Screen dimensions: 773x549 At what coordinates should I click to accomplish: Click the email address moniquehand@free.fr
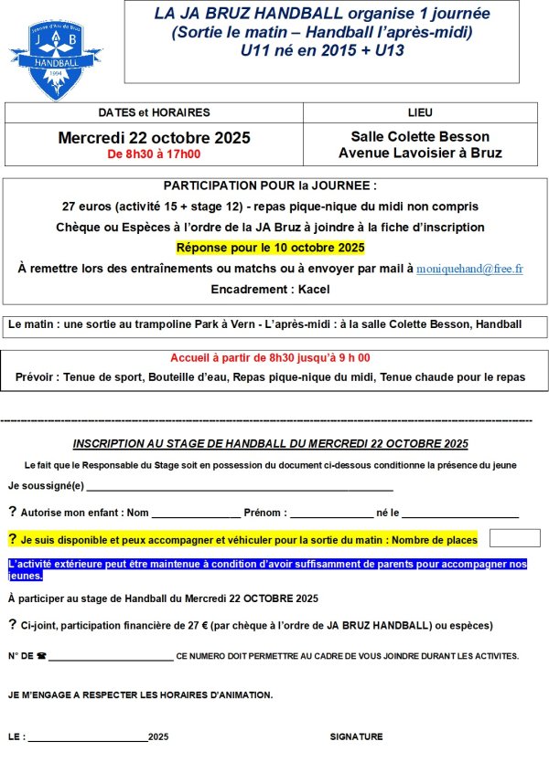pos(469,270)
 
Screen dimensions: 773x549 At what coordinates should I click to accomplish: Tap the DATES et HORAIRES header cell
pos(154,112)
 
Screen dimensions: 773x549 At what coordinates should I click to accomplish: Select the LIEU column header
pos(421,112)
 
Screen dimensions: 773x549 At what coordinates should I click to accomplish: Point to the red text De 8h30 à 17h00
pos(154,155)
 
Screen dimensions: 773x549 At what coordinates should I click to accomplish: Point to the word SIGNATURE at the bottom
pos(356,736)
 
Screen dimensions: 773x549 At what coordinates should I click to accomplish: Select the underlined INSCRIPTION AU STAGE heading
pos(271,444)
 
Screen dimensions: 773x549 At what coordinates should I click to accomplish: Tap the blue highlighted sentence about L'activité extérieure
pos(267,570)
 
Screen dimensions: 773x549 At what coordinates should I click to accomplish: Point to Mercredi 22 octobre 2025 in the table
pos(154,138)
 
